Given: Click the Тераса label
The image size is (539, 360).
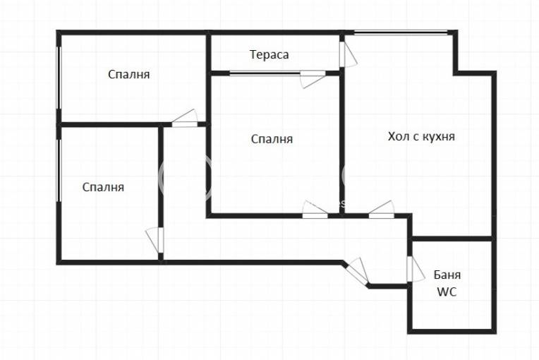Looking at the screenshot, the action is pyautogui.click(x=269, y=54).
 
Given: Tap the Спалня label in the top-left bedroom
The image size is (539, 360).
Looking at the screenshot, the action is pyautogui.click(x=129, y=74).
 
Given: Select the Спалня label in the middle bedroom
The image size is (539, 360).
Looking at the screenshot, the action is pyautogui.click(x=272, y=139).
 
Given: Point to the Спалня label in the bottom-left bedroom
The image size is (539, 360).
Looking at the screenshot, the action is pyautogui.click(x=103, y=187).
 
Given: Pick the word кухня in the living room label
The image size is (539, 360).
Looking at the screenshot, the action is pyautogui.click(x=438, y=137).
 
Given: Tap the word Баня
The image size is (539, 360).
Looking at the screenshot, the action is pyautogui.click(x=447, y=275).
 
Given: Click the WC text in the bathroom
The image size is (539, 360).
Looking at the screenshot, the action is pyautogui.click(x=447, y=292).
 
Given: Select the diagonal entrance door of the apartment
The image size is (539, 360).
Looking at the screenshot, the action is pyautogui.click(x=358, y=272).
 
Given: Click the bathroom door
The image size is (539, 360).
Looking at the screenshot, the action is pyautogui.click(x=416, y=270).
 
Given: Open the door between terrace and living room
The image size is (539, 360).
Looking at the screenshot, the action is pyautogui.click(x=348, y=54).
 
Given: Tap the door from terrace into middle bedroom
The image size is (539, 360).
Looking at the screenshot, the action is pyautogui.click(x=313, y=79).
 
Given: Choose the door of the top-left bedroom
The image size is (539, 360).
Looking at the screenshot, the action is pyautogui.click(x=185, y=119).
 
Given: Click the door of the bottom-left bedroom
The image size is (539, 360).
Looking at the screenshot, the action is pyautogui.click(x=155, y=240).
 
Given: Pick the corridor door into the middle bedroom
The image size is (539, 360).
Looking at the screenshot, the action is pyautogui.click(x=315, y=209).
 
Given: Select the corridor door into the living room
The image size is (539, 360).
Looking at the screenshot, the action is pyautogui.click(x=382, y=209).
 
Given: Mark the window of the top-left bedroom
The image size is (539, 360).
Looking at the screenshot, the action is pyautogui.click(x=59, y=78).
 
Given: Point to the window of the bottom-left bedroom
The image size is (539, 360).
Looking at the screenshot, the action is pyautogui.click(x=59, y=170).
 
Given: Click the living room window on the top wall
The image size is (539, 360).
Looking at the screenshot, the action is pyautogui.click(x=401, y=32).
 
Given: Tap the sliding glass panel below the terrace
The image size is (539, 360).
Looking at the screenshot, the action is pyautogui.click(x=265, y=73).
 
